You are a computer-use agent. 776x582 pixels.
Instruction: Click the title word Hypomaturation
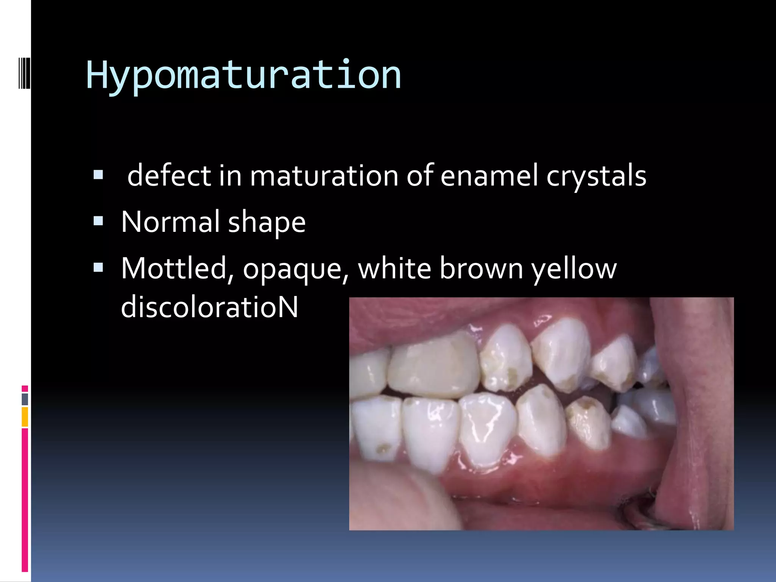pyautogui.click(x=243, y=76)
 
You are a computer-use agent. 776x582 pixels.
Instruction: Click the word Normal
pyautogui.click(x=170, y=222)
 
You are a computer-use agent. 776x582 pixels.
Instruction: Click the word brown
pyautogui.click(x=481, y=268)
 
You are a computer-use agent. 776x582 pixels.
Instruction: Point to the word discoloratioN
pyautogui.click(x=210, y=307)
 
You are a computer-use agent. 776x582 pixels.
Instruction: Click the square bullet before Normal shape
pyautogui.click(x=98, y=221)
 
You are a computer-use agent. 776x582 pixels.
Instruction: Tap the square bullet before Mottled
pyautogui.click(x=98, y=268)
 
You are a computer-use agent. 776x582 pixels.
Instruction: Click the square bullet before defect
pyautogui.click(x=98, y=175)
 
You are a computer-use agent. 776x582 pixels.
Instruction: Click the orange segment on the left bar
pyautogui.click(x=25, y=417)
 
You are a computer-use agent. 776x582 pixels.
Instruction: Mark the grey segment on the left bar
pyautogui.click(x=25, y=399)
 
